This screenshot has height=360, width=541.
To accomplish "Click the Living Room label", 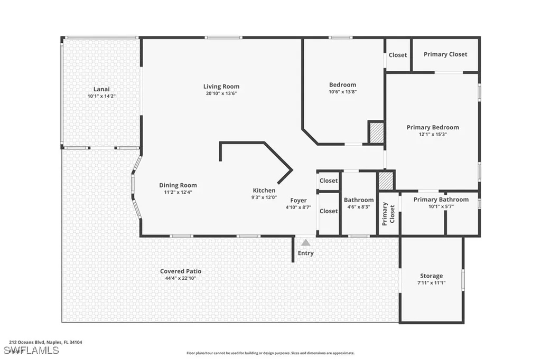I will (221, 87).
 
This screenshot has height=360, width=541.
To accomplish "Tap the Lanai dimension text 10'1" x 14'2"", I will (101, 97).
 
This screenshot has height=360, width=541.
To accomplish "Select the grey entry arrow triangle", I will (305, 242).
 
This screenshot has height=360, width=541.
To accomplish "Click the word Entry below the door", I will (305, 253).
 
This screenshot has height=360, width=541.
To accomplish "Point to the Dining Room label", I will (178, 185).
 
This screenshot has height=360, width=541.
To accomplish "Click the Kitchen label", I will (264, 191).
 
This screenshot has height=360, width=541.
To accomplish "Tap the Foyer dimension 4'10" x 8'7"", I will (299, 207).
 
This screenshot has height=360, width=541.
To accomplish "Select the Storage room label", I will (431, 276).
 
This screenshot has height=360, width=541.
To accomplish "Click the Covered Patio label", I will (181, 271).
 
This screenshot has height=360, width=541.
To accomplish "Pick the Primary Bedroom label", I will (433, 127).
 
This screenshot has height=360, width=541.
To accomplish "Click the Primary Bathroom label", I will (441, 200).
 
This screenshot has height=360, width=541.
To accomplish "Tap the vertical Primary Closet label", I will (388, 213).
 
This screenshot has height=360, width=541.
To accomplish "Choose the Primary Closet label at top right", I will (445, 54).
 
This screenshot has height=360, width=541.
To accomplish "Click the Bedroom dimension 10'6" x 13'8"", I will (343, 91).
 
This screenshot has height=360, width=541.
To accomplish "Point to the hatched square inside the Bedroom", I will (376, 132).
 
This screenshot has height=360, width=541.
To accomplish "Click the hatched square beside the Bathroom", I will (386, 181).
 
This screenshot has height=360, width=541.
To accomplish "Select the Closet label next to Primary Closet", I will (398, 55).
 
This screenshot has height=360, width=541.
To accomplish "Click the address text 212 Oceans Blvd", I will (27, 343).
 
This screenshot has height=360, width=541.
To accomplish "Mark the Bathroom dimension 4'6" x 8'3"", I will (359, 207).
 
